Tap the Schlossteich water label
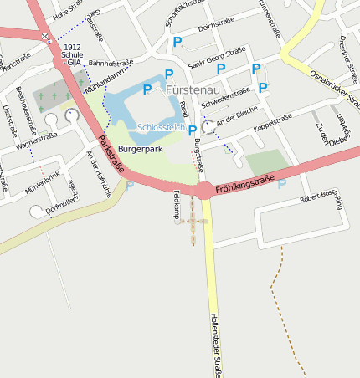click(x=161, y=127)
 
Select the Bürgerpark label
click(x=140, y=148)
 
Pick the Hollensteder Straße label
click(x=214, y=343)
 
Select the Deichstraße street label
click(x=214, y=28)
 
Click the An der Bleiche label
click(x=237, y=120)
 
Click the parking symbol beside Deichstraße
click(x=177, y=41)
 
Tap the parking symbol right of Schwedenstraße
click(x=263, y=87)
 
